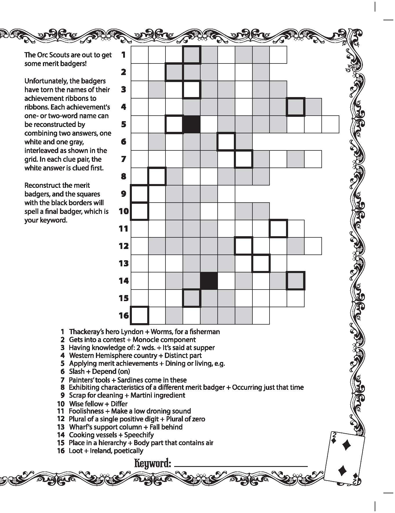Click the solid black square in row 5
coord(192,124)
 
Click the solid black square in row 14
coord(209,281)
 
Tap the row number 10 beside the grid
coord(124,211)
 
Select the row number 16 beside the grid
coord(124,315)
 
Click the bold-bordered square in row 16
coord(140,315)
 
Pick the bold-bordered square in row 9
coord(140,194)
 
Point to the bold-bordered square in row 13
coord(261,263)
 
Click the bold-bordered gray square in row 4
coord(296,107)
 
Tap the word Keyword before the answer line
coord(152,463)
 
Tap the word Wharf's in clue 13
coord(80,427)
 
